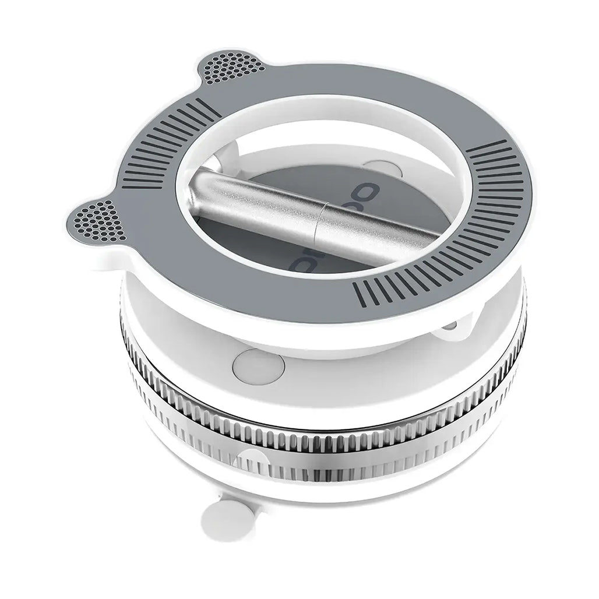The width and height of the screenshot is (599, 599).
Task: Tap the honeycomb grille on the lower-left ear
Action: (99, 221)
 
